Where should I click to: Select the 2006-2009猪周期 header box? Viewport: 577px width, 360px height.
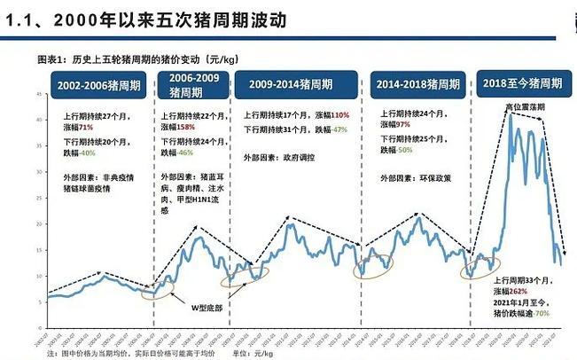click(192, 85)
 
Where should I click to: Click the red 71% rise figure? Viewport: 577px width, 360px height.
click(86, 128)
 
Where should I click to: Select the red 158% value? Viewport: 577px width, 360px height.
click(185, 128)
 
